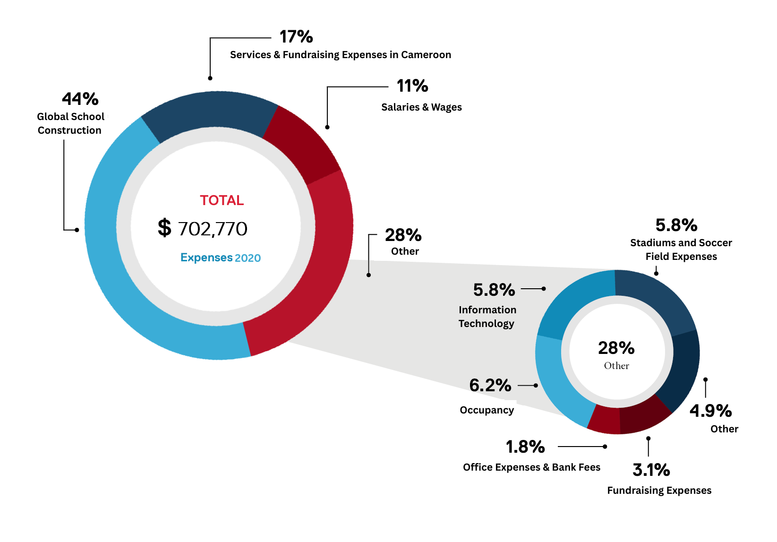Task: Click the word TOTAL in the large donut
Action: [222, 200]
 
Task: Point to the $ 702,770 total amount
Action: [203, 229]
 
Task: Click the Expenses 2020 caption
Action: [221, 258]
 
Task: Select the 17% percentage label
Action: [296, 37]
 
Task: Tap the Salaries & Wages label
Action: [421, 107]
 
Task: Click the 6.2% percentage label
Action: [490, 386]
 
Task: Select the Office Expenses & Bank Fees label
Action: [531, 467]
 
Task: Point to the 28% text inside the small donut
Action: [616, 348]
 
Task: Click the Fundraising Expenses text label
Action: [659, 490]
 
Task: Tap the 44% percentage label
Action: [80, 99]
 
